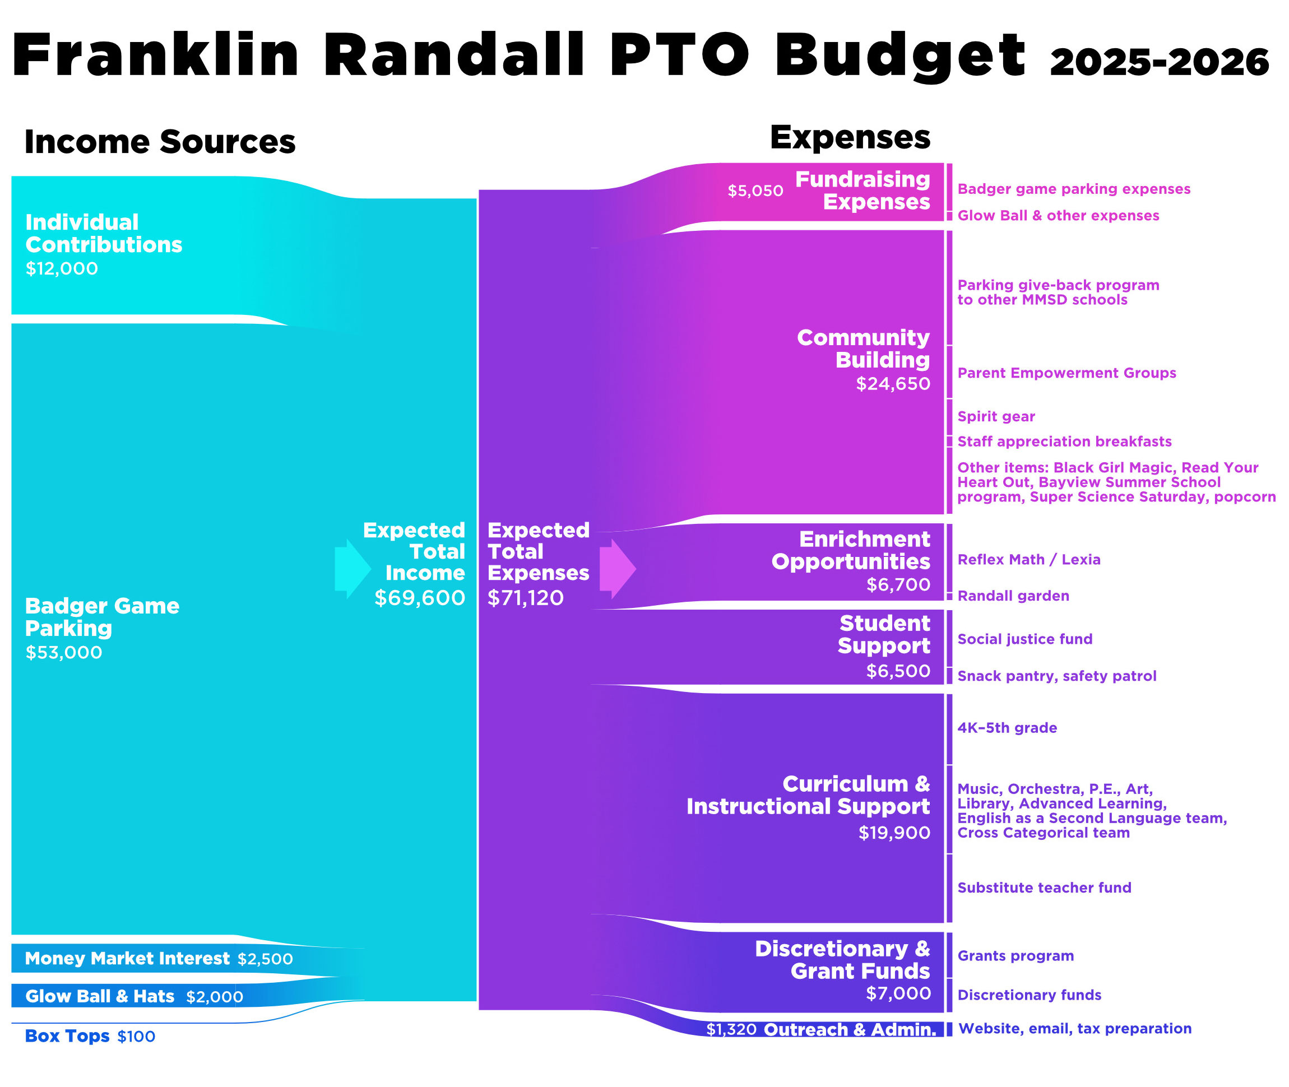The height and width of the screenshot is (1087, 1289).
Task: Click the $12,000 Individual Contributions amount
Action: (x=62, y=269)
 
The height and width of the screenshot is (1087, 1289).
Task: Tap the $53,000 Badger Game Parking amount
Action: (x=63, y=653)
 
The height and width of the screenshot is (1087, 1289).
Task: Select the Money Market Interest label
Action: (x=127, y=958)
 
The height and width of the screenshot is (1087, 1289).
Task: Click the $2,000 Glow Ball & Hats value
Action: (x=215, y=996)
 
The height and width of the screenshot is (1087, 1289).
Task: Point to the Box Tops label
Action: (x=67, y=1036)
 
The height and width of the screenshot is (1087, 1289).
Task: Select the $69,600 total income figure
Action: (x=420, y=598)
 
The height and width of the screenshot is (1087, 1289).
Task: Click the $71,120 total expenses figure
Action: (x=525, y=598)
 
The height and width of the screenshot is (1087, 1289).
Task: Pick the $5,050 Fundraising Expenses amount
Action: (x=755, y=191)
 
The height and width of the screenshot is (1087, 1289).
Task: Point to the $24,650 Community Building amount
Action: (x=893, y=384)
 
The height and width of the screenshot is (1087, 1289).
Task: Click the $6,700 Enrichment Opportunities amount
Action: (x=898, y=585)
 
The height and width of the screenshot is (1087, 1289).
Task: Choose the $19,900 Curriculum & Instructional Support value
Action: (x=894, y=833)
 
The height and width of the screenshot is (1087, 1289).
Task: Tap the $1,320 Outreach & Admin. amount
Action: (x=731, y=1030)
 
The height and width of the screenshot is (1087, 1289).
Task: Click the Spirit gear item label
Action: (x=995, y=416)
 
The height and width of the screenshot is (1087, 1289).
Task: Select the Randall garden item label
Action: (x=1013, y=596)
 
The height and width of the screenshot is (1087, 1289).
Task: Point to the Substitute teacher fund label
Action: (x=1044, y=888)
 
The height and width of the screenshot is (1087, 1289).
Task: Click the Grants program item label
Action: (x=1016, y=956)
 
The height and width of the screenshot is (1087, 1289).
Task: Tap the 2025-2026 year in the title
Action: (x=1159, y=62)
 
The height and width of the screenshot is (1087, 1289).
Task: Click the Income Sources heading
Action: (x=160, y=142)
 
